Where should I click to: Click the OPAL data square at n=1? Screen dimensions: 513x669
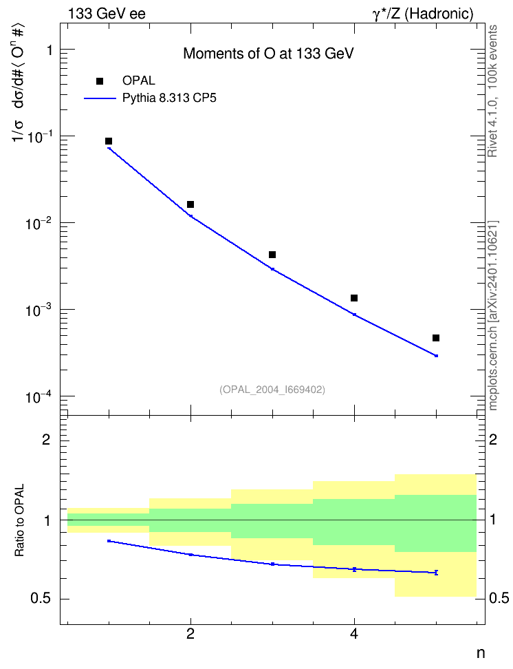pyautogui.click(x=109, y=141)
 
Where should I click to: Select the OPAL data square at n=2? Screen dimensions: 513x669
pyautogui.click(x=190, y=204)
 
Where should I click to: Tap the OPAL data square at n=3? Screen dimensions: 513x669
pyautogui.click(x=272, y=255)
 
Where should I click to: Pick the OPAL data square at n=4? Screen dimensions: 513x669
pyautogui.click(x=354, y=298)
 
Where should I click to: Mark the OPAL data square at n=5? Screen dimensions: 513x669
pyautogui.click(x=436, y=338)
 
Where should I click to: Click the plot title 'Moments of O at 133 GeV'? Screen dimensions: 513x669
pyautogui.click(x=269, y=54)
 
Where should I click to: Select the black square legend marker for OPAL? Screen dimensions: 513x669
pyautogui.click(x=100, y=81)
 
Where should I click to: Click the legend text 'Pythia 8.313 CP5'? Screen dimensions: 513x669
pyautogui.click(x=169, y=98)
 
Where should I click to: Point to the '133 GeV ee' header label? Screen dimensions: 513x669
pyautogui.click(x=107, y=14)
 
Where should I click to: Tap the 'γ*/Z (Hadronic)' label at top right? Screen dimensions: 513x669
pyautogui.click(x=423, y=14)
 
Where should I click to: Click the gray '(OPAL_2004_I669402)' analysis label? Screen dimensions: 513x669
pyautogui.click(x=272, y=390)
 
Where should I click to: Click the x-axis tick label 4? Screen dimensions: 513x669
pyautogui.click(x=354, y=634)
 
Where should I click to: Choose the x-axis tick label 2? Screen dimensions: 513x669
pyautogui.click(x=190, y=634)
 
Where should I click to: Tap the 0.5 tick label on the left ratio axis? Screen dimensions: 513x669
pyautogui.click(x=41, y=599)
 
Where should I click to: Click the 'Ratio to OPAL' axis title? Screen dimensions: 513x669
pyautogui.click(x=20, y=520)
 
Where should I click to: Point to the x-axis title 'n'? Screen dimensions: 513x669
pyautogui.click(x=481, y=653)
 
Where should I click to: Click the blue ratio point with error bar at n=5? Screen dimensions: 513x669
pyautogui.click(x=436, y=573)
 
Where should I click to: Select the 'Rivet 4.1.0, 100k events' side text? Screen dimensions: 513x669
pyautogui.click(x=492, y=91)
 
